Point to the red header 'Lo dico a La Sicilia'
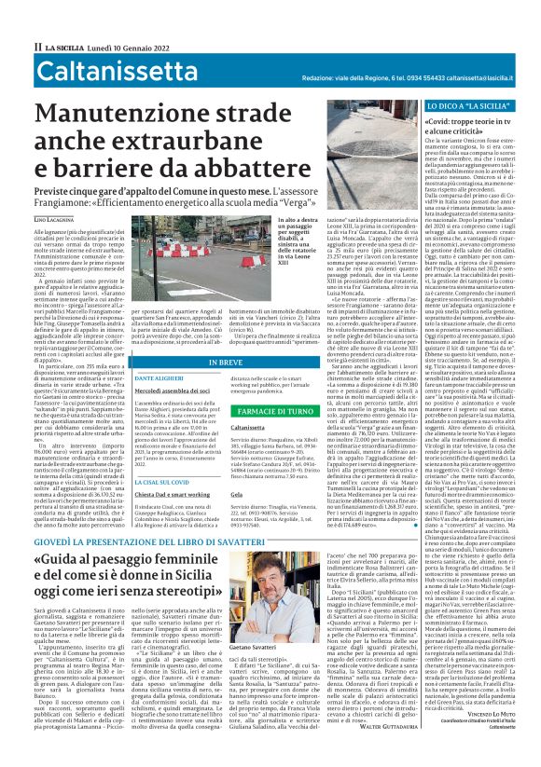(469, 96)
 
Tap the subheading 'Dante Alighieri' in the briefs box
(160, 351)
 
